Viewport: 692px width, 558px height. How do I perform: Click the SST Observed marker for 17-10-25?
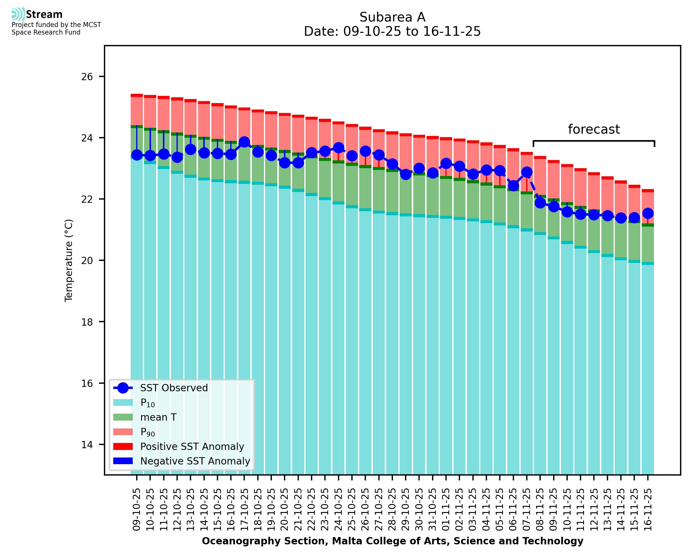click(x=245, y=142)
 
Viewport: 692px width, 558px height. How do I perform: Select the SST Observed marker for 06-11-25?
click(x=513, y=186)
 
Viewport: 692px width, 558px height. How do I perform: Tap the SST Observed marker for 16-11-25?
click(x=648, y=213)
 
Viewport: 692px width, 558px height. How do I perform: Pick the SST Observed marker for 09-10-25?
click(x=137, y=155)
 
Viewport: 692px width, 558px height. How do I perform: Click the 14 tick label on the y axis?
click(x=87, y=444)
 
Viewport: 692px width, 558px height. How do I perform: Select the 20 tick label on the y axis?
click(x=87, y=260)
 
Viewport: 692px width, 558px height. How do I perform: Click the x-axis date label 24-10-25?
click(x=338, y=509)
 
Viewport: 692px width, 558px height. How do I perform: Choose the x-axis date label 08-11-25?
click(x=540, y=509)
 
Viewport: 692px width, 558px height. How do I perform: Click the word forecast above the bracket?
click(x=594, y=129)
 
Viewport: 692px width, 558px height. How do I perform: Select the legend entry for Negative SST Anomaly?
click(x=195, y=461)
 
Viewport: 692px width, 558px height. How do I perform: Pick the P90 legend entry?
click(x=148, y=432)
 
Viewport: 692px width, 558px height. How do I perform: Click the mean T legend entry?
click(x=158, y=417)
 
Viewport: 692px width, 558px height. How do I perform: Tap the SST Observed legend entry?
click(x=174, y=388)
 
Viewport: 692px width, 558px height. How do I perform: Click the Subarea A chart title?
click(x=392, y=17)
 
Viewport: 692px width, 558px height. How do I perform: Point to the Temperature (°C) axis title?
click(x=69, y=260)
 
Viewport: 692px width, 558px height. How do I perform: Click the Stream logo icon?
click(x=18, y=14)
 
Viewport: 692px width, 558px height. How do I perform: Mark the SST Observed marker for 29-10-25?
click(x=406, y=174)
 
